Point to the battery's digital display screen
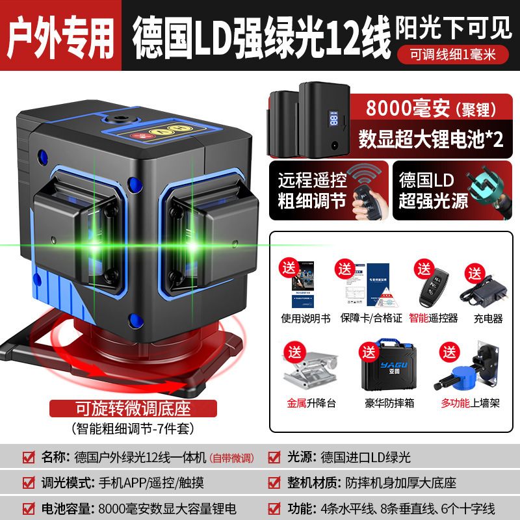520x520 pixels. [332, 119]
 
